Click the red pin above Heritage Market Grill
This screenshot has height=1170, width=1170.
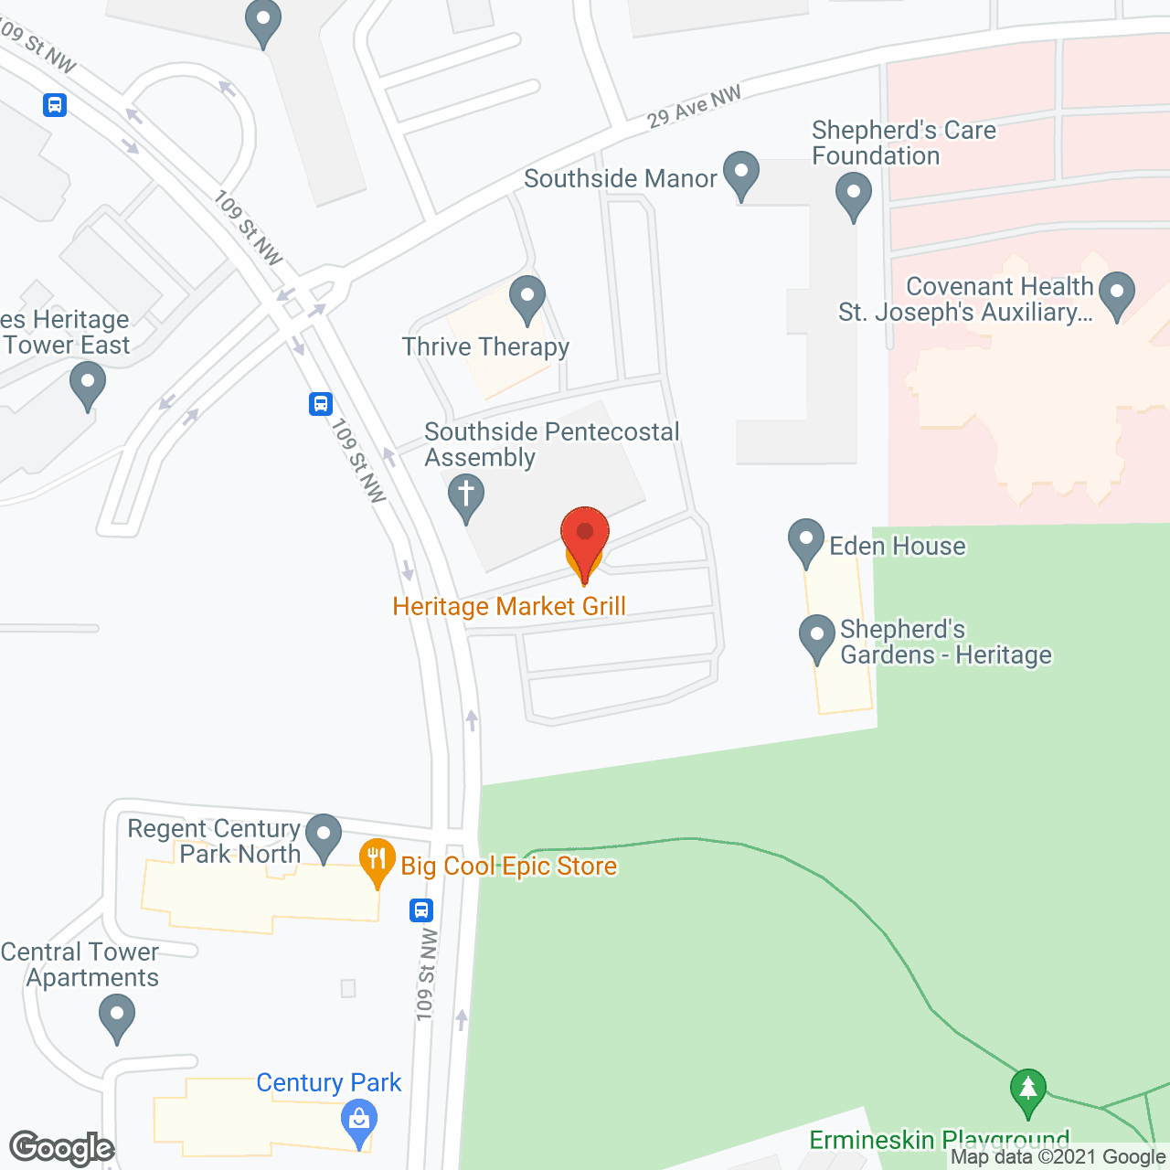pos(584,535)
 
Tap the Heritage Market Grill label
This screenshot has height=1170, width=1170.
pos(509,606)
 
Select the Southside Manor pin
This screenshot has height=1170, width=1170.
pos(741,174)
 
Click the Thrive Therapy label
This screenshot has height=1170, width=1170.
pos(485,346)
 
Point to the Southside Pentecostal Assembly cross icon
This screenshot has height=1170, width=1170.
pos(466,496)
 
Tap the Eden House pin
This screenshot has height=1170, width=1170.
pos(806,541)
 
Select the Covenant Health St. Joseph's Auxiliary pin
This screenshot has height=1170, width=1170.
pos(1116,294)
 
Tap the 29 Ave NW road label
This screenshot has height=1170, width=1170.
pos(694,107)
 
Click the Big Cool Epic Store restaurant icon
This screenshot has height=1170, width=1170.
pos(377,860)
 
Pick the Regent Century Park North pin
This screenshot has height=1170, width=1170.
pos(323,836)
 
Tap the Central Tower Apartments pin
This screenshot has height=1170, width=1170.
pos(117,1016)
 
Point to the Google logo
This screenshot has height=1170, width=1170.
pos(61,1148)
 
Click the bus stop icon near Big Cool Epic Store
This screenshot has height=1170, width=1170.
pos(421,910)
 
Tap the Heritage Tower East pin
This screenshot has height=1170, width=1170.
pos(88,384)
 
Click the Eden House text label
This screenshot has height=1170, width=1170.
pos(898,546)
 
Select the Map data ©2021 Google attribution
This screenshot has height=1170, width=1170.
pos(1058,1157)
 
